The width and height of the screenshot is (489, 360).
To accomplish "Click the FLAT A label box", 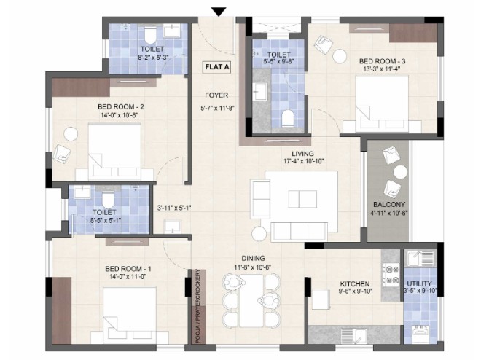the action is click(217, 67).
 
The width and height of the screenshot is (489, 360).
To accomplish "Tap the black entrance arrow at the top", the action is click(219, 12).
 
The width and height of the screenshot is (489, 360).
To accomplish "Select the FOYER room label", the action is click(216, 95).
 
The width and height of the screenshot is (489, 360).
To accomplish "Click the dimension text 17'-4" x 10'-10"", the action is click(303, 161).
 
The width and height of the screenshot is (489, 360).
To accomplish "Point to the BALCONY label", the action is click(389, 204).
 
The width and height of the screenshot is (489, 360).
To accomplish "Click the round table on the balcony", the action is click(400, 172).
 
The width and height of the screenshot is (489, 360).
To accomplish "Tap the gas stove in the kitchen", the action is click(391, 274).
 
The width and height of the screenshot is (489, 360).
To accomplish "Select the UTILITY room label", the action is click(419, 283).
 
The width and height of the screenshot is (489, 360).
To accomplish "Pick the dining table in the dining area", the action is click(251, 300).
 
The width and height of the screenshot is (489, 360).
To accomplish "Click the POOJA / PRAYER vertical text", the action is click(197, 306).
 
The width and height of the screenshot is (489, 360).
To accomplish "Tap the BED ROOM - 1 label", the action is click(128, 269).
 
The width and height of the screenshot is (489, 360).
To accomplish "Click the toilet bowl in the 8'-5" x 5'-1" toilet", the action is click(108, 200).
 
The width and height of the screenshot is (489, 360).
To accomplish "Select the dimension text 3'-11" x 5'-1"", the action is click(174, 208).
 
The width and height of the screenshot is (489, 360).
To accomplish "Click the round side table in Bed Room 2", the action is click(71, 134).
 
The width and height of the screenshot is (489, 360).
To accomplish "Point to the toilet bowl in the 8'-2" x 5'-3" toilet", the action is click(150, 35).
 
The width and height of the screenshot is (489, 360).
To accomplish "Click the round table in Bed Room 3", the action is click(340, 56).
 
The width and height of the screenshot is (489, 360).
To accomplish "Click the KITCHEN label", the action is click(355, 284).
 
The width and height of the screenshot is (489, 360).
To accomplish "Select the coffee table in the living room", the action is click(302, 199).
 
